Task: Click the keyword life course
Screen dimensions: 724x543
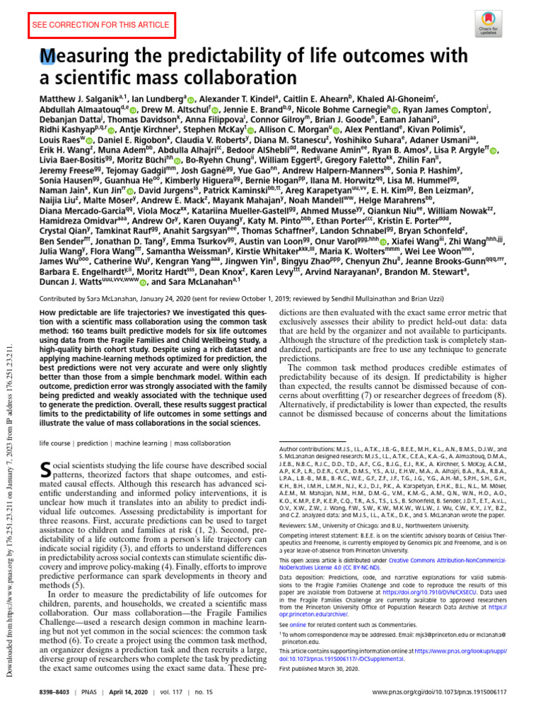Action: pyautogui.click(x=59, y=442)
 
